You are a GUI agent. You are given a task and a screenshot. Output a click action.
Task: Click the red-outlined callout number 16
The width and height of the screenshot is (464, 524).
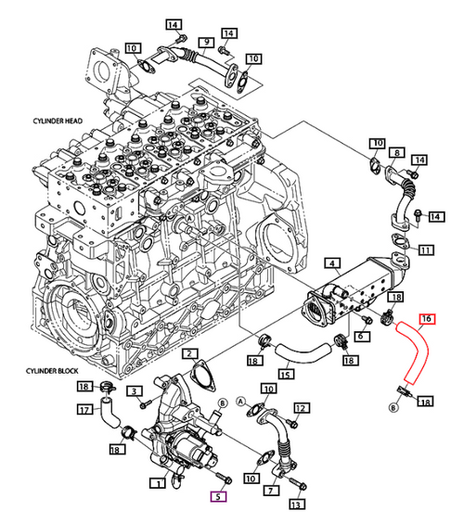[427, 319]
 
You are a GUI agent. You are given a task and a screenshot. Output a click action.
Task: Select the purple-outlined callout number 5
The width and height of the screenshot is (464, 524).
[218, 496]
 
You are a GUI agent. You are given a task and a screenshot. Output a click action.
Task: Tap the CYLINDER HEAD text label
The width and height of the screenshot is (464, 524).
[58, 121]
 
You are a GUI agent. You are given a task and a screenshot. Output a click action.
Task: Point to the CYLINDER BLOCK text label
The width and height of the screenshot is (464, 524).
[52, 371]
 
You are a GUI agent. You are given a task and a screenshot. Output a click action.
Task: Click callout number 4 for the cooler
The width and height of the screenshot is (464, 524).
[332, 263]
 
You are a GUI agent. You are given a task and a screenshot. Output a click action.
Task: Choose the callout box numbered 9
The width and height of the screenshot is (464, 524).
[207, 43]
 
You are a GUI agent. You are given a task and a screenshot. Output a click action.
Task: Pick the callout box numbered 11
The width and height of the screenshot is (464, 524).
[426, 250]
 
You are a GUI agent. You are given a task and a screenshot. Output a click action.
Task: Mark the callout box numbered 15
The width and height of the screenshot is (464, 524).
[286, 375]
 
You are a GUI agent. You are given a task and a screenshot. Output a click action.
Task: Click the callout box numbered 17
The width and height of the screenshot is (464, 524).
[85, 409]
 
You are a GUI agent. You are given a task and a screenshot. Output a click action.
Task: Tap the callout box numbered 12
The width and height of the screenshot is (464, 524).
[301, 408]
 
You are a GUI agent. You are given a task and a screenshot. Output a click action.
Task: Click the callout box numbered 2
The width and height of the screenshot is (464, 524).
[190, 353]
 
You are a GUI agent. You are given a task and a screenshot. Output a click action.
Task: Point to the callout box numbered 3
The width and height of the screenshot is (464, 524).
[135, 391]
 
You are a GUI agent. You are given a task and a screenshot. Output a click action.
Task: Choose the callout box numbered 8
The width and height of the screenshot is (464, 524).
[397, 153]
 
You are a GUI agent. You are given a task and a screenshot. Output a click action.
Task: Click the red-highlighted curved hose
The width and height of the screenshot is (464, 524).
[413, 351]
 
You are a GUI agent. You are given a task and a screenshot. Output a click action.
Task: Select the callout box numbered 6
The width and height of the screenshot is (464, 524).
[361, 336]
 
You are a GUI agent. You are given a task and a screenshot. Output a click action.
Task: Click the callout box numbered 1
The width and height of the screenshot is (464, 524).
[158, 483]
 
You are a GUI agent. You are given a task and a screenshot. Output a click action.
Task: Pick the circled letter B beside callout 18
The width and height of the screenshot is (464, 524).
[393, 408]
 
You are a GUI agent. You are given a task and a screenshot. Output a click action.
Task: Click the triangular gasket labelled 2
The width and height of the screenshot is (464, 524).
[203, 375]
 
